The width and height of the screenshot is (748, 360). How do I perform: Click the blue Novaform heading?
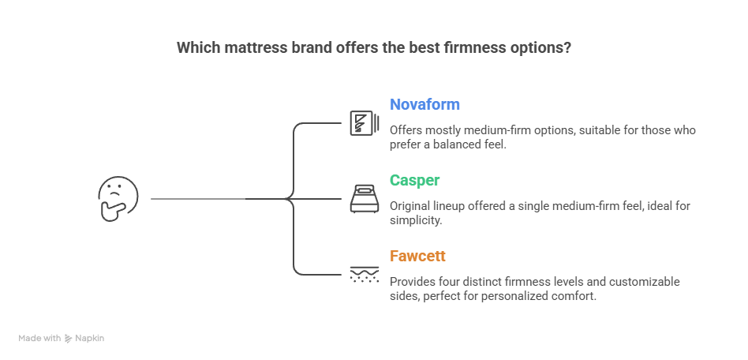pos(424,105)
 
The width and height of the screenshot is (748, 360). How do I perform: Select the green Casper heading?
pos(415,180)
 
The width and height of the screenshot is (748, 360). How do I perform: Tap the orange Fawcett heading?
pos(417,256)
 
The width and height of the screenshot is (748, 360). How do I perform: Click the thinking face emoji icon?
pos(118,198)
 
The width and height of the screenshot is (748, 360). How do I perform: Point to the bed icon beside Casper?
pos(361,198)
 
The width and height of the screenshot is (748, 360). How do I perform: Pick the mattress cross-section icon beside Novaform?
pos(361,123)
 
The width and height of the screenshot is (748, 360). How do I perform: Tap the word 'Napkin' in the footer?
pos(91,338)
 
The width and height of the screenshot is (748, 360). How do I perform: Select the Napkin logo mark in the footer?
pos(69,338)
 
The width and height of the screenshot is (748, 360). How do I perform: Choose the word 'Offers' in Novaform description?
pos(405,130)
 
